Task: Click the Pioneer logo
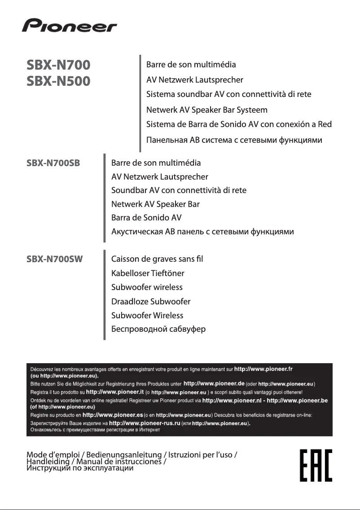tap(70, 25)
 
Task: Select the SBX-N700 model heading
tap(58, 65)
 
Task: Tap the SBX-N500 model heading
tap(58, 81)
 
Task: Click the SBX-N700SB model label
tap(53, 163)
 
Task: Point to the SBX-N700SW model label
tap(54, 259)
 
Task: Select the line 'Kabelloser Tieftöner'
tap(148, 273)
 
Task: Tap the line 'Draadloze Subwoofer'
tap(151, 301)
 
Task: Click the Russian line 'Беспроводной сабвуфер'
tap(158, 329)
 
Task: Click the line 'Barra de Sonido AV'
tap(146, 218)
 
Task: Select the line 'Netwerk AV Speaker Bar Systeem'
tap(207, 110)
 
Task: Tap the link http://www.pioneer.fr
tap(264, 369)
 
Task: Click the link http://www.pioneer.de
tap(214, 384)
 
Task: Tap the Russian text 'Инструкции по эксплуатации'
tap(80, 468)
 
